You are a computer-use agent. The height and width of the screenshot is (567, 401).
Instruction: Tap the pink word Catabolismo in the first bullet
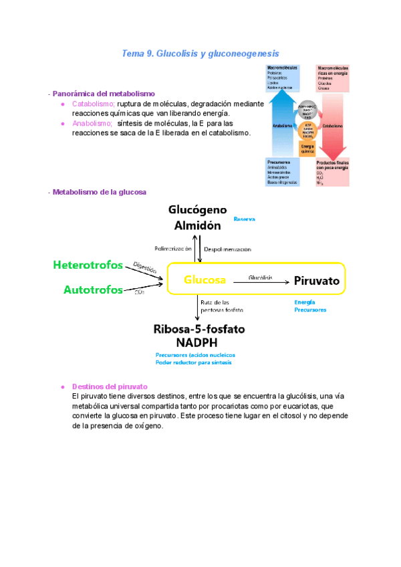tap(94, 104)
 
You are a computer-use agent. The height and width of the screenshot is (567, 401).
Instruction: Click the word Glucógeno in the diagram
tap(192, 211)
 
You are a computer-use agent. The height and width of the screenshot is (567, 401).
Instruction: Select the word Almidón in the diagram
tap(193, 225)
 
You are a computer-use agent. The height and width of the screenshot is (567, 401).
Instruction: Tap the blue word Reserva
tap(244, 219)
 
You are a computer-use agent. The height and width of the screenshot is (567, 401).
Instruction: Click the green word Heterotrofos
tap(88, 265)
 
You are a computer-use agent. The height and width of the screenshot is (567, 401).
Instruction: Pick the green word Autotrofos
tap(93, 290)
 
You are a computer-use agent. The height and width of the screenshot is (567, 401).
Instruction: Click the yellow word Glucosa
tap(205, 280)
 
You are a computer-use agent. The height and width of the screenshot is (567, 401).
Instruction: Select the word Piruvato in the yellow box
tap(316, 281)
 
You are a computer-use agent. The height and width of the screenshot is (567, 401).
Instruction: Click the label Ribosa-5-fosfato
tap(199, 330)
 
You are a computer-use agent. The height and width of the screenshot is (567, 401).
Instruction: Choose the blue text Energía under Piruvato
tap(304, 302)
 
